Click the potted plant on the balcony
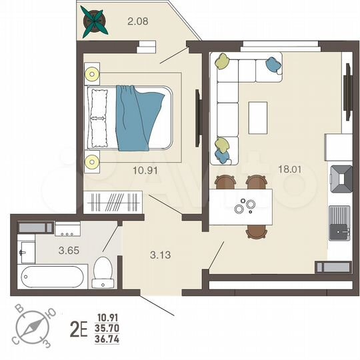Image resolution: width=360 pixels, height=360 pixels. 94,22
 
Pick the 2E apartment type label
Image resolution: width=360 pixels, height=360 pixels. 79,329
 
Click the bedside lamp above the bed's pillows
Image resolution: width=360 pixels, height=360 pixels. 91,73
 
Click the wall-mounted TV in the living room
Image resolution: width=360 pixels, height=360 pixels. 347,96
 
